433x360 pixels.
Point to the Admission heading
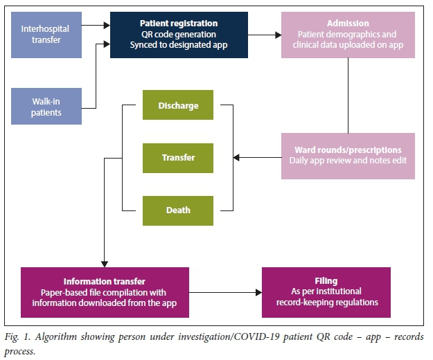click(348, 24)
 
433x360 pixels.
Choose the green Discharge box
click(179, 106)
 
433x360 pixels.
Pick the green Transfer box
click(179, 157)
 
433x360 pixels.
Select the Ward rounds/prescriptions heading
click(348, 150)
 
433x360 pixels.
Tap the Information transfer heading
click(104, 281)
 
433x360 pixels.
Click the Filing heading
click(326, 281)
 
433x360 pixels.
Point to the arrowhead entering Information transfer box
click(104, 263)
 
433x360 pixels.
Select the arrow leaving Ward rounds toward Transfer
click(256, 157)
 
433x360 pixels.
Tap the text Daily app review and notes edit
click(348, 161)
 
